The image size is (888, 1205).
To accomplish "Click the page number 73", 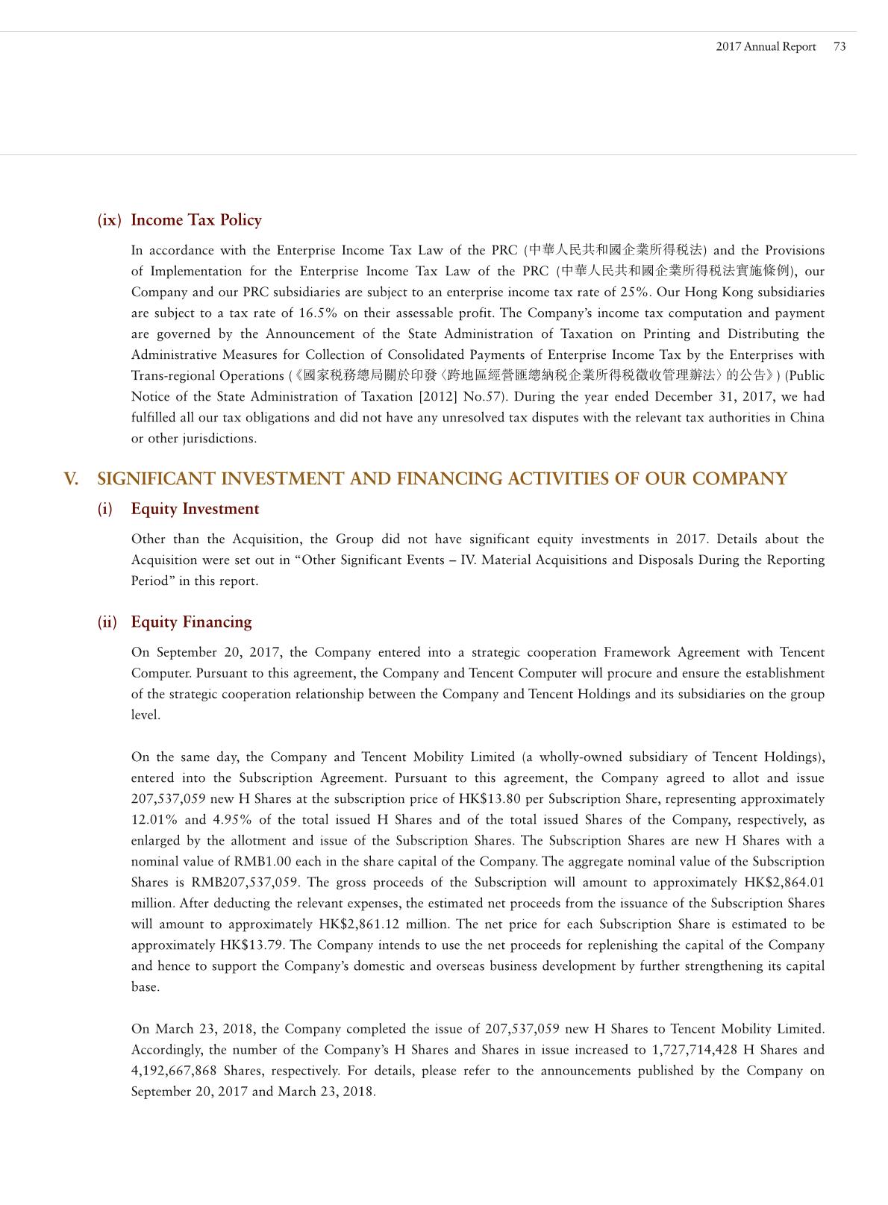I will tap(839, 46).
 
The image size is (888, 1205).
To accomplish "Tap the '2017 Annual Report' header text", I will tap(766, 46).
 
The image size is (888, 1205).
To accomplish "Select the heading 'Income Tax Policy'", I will tap(196, 220).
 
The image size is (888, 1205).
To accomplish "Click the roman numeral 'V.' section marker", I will tap(72, 479).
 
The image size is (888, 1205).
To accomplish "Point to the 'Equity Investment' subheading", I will tap(195, 509).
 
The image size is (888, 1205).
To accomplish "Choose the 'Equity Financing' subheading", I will tap(191, 622).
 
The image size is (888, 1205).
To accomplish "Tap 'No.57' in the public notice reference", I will tap(491, 396).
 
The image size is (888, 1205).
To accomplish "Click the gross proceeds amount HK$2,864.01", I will tap(784, 882).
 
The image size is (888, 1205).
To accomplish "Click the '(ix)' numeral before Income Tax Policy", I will tap(110, 220).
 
